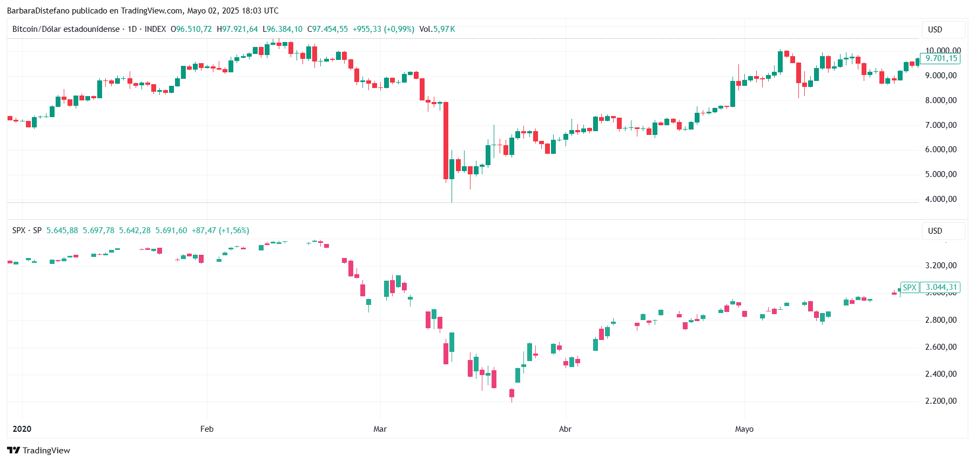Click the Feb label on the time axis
coord(207,429)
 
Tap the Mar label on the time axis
coord(380,429)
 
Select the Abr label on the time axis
coord(565,429)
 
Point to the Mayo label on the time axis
coord(744,429)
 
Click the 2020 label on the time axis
coord(22,429)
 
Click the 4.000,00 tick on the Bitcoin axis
coord(940,199)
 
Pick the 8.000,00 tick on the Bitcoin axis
coord(940,100)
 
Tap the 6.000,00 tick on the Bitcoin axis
coord(940,150)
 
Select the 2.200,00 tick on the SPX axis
coord(940,401)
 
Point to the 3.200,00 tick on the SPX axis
coord(940,266)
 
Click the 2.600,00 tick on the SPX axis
coord(940,347)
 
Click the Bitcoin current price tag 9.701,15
coord(940,58)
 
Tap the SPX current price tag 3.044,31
coord(940,287)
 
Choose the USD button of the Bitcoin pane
coord(943,30)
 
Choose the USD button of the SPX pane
coord(943,231)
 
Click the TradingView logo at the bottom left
coord(39,451)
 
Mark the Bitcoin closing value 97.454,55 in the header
coord(330,29)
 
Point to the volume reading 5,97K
coord(444,29)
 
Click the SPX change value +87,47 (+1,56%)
coord(220,230)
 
